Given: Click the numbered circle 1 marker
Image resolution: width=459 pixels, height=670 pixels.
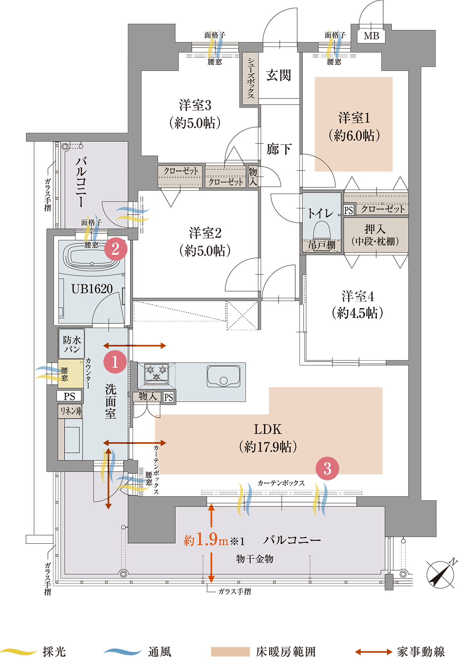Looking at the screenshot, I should [x=115, y=362].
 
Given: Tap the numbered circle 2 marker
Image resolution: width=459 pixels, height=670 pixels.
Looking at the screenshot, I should [x=116, y=249].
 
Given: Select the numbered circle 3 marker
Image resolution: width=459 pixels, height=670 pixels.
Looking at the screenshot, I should [x=327, y=468].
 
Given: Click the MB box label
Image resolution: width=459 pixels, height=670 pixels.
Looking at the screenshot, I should [x=371, y=36].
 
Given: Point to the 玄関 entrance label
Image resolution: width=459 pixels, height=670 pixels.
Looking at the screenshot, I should [x=279, y=75].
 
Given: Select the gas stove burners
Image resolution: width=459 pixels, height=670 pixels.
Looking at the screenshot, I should [x=156, y=372].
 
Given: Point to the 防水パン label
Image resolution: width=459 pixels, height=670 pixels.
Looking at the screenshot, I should [x=72, y=344].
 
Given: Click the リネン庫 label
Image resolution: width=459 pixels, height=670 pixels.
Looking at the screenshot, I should [x=71, y=411].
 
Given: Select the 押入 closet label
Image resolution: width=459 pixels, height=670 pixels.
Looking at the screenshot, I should [x=375, y=235].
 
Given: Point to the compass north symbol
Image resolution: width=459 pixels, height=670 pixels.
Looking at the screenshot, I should [x=440, y=574].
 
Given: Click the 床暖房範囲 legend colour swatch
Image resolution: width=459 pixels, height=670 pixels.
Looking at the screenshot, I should [x=230, y=652].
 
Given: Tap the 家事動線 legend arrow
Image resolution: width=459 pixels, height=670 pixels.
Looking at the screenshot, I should [x=373, y=652].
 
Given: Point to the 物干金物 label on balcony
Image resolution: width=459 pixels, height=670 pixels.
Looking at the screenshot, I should [x=255, y=559].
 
